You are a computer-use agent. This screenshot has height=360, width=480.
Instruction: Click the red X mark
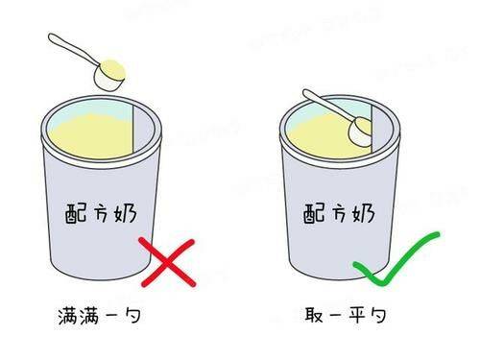point(167,262)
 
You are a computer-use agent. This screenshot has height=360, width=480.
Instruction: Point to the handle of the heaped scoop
point(73,48)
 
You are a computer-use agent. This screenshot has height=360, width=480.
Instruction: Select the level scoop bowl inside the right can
point(360,132)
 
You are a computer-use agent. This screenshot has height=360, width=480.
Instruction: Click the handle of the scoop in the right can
point(329,105)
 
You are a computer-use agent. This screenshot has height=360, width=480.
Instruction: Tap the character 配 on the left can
point(76,213)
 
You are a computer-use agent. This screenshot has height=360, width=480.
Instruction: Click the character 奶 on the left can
point(125,212)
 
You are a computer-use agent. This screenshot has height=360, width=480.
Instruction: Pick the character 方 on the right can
point(338,213)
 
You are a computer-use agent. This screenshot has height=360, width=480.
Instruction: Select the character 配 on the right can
point(314,213)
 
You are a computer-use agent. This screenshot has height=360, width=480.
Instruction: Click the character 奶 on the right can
point(363,213)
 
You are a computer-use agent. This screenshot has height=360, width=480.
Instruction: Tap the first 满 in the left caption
point(68,316)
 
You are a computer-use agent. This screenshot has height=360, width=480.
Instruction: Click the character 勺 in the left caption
point(132,316)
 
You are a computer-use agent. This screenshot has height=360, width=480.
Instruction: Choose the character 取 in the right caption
point(314,315)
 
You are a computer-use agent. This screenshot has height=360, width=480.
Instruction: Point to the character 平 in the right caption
point(357,315)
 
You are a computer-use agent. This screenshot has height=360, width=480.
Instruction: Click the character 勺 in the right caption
point(376,315)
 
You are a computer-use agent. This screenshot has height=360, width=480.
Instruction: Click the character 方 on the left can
point(100,213)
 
